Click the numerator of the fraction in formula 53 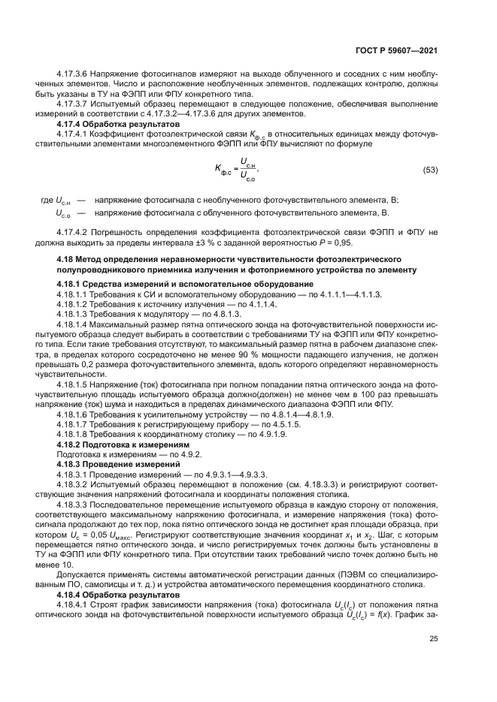[247, 162]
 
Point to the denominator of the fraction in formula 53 [247, 179]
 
